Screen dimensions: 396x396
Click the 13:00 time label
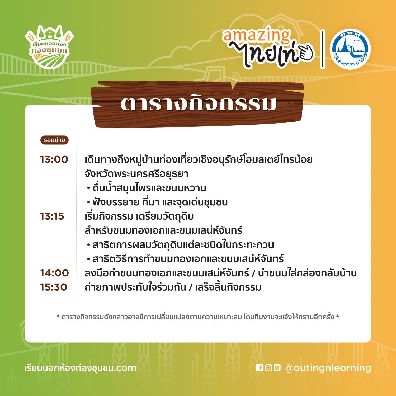pyautogui.click(x=54, y=159)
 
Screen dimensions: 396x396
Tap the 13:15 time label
pyautogui.click(x=52, y=216)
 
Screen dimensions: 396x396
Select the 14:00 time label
pyautogui.click(x=54, y=273)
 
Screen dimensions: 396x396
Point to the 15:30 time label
pyautogui.click(x=54, y=287)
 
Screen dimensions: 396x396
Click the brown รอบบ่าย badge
pyautogui.click(x=54, y=140)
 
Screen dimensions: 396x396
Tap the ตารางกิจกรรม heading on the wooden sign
pyautogui.click(x=199, y=104)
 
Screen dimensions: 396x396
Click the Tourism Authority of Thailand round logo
pyautogui.click(x=350, y=49)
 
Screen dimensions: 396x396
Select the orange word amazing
pyautogui.click(x=256, y=36)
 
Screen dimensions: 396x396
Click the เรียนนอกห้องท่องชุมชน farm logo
pyautogui.click(x=49, y=47)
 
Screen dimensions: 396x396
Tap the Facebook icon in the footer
pyautogui.click(x=260, y=367)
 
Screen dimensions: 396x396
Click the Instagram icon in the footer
pyautogui.click(x=268, y=367)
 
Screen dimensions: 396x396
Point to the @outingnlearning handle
pyautogui.click(x=328, y=368)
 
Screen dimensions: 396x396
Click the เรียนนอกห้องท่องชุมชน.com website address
pyautogui.click(x=80, y=368)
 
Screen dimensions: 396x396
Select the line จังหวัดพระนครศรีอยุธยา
pyautogui.click(x=136, y=174)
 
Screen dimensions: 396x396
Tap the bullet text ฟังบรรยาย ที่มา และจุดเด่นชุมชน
pyautogui.click(x=160, y=202)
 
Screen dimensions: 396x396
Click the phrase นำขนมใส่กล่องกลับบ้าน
pyautogui.click(x=308, y=273)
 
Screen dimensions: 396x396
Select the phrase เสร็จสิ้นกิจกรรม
pyautogui.click(x=228, y=287)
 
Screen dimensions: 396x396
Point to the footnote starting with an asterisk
pyautogui.click(x=198, y=317)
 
